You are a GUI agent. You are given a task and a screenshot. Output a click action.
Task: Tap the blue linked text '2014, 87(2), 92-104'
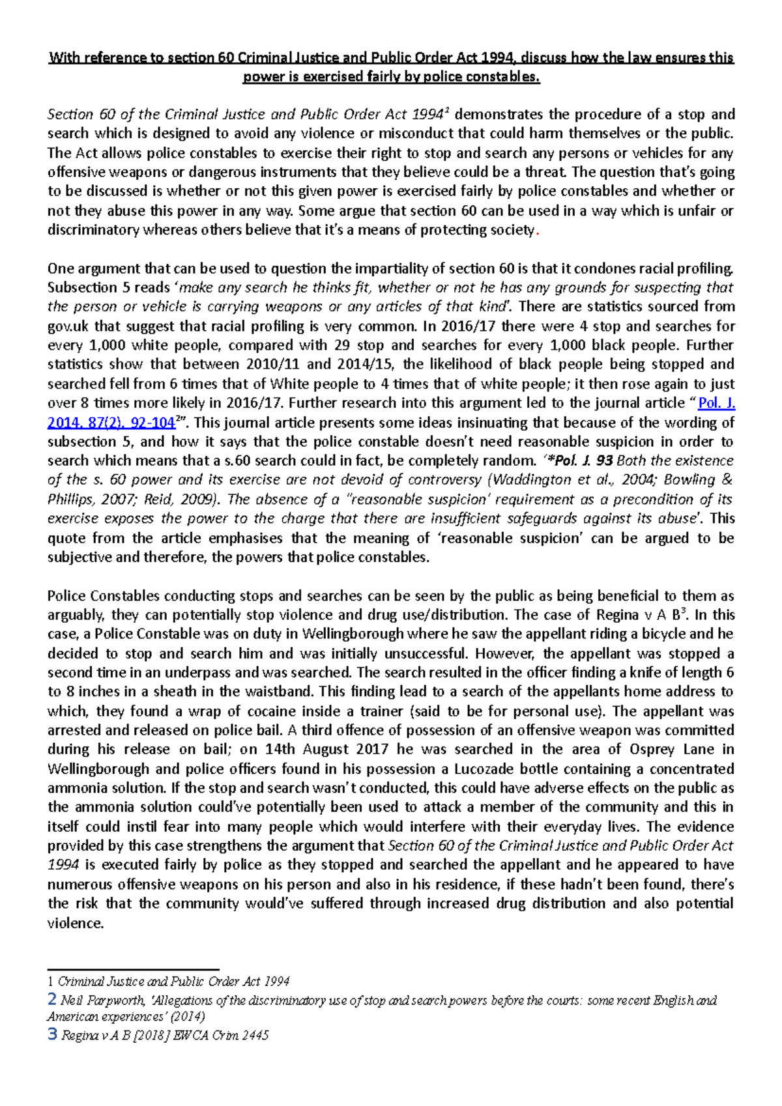pos(111,423)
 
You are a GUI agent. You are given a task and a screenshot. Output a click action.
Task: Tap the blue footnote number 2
pos(52,999)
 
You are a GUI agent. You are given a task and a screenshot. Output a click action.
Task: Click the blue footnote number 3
pos(52,1034)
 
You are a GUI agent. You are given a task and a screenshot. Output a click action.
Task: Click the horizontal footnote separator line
pos(133,970)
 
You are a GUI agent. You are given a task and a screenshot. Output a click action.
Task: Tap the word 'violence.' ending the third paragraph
pos(76,923)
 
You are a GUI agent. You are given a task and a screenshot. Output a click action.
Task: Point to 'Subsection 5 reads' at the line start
pos(108,288)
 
